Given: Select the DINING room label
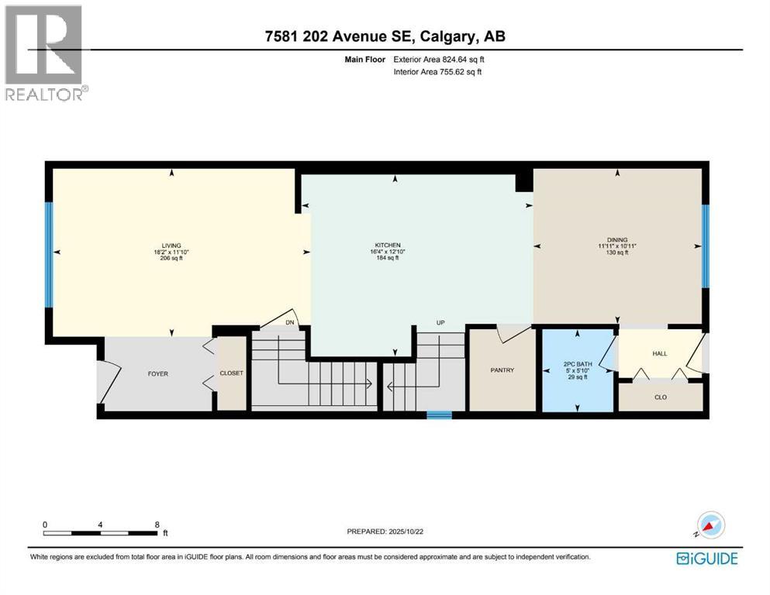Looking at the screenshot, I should (x=617, y=240).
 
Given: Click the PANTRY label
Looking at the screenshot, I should (x=502, y=370).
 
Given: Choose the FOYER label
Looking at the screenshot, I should (x=157, y=373).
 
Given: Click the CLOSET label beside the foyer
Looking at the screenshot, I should (x=231, y=373).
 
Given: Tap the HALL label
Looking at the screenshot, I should (x=660, y=353).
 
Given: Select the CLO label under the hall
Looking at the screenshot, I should (x=661, y=397).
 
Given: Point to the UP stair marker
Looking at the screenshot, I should (x=440, y=322).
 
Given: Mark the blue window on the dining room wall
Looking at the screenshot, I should (x=705, y=245).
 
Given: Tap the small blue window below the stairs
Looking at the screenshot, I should (x=439, y=415).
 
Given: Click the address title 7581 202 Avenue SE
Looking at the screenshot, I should (x=385, y=36).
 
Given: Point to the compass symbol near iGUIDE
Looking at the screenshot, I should (x=710, y=524).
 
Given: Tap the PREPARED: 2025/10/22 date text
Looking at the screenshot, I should (x=385, y=531).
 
